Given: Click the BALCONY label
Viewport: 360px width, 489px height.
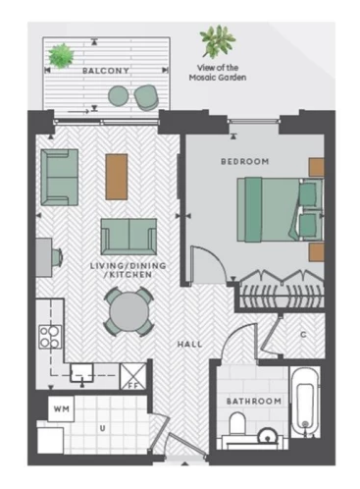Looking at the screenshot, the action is point(106,71).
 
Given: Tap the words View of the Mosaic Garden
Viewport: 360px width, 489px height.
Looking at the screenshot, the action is point(218,73).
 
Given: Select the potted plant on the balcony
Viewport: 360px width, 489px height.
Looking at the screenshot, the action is point(61,56).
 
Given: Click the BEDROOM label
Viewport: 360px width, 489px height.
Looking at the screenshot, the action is point(245,162).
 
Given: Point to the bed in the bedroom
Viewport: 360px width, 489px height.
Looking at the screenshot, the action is point(281,210).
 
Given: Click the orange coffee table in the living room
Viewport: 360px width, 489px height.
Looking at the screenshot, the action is point(117,177).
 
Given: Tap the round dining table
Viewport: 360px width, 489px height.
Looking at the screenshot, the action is point(129,312).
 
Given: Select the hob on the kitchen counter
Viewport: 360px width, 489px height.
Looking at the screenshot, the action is point(50,337).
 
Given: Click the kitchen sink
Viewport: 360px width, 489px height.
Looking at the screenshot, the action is point(81,373).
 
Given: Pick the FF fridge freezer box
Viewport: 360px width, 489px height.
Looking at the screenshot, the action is point(133,376).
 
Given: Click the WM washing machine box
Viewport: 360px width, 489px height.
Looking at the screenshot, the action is point(61,408).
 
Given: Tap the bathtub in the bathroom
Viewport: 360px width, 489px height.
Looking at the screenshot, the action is point(305,402).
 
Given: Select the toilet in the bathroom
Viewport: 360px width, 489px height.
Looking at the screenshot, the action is point(237,423).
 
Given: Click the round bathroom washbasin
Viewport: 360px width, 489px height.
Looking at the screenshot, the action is point(268,436).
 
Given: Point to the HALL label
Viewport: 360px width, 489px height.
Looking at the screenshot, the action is point(189,345).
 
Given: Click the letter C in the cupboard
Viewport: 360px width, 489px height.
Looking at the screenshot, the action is point(303,335).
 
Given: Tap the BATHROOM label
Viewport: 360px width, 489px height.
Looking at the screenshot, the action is point(254,402).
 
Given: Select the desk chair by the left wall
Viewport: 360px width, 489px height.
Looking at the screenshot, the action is point(57,257).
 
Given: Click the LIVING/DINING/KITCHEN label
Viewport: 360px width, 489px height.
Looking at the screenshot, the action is point(129,270).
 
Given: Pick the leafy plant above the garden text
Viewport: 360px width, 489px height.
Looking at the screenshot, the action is point(218,41).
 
